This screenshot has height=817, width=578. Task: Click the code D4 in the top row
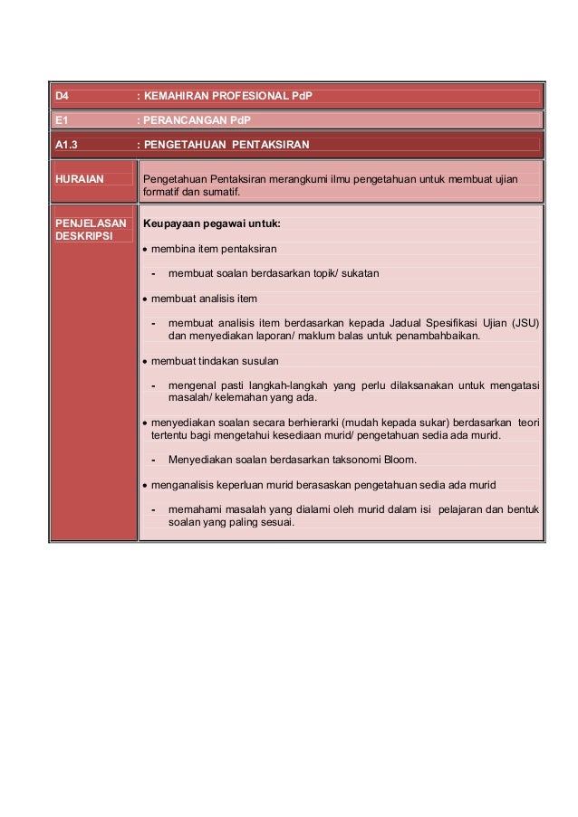[x=62, y=96]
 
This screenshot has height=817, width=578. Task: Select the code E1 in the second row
[x=61, y=120]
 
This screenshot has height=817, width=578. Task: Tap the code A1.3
[x=66, y=145]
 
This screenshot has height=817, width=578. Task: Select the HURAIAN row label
[x=79, y=179]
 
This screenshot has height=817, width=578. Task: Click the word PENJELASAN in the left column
[x=91, y=223]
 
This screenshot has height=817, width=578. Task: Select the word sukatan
[x=361, y=273]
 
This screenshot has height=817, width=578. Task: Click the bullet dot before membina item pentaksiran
[x=145, y=249]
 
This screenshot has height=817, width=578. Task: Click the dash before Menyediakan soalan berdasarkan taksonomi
[x=155, y=460]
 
